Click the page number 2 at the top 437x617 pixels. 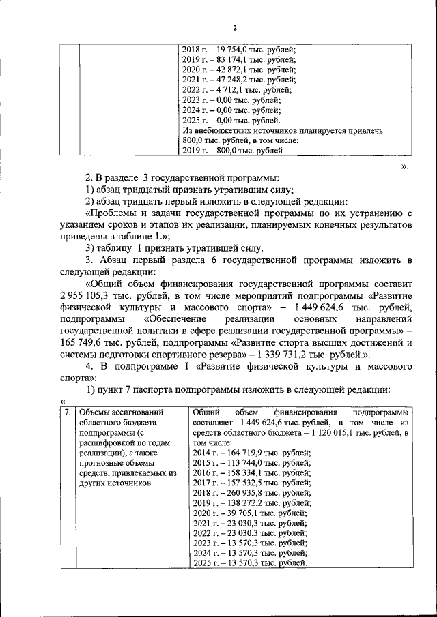click(x=234, y=28)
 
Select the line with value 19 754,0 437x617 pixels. click(x=239, y=49)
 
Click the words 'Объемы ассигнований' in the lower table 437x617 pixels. click(x=121, y=412)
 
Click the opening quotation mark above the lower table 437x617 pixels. click(x=62, y=402)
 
